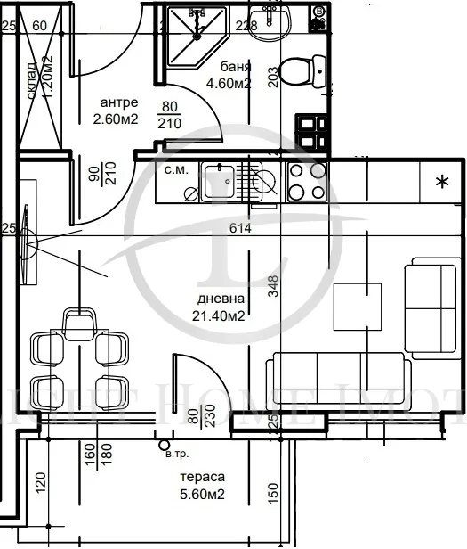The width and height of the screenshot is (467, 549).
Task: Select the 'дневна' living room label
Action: pos(221,299)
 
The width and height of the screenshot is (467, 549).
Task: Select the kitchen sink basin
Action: pos(217,184)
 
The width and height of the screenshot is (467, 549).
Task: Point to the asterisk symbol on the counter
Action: pos(440,183)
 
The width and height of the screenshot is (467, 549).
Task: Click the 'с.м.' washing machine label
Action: pos(175,168)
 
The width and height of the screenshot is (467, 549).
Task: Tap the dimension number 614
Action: pos(240,229)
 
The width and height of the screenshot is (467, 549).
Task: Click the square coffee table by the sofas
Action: pos(358,306)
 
